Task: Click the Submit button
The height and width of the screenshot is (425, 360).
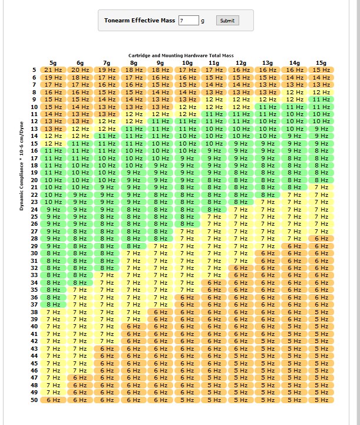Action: (227, 21)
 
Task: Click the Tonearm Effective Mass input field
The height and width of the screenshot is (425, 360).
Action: (189, 21)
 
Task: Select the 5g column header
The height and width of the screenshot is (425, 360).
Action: (53, 63)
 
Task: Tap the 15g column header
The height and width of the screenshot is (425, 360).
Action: (321, 63)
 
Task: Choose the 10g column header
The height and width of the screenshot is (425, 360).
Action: (187, 63)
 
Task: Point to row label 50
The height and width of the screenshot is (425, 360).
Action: (34, 400)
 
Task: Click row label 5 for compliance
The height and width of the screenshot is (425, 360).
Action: (34, 70)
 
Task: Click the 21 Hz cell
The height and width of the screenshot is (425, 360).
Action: (53, 70)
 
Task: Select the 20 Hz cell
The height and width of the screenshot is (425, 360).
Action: (80, 70)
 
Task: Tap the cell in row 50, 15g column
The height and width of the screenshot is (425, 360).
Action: (321, 400)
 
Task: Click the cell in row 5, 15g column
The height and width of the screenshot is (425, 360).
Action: (321, 70)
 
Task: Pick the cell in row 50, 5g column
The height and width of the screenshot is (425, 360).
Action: (53, 400)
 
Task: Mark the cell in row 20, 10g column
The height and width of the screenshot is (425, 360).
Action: (187, 180)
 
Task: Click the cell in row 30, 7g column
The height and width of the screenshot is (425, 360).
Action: (107, 253)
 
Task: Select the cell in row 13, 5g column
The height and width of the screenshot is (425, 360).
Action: (53, 129)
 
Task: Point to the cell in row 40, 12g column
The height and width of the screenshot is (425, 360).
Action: (240, 327)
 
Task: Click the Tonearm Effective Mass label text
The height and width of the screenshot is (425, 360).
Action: (140, 21)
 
